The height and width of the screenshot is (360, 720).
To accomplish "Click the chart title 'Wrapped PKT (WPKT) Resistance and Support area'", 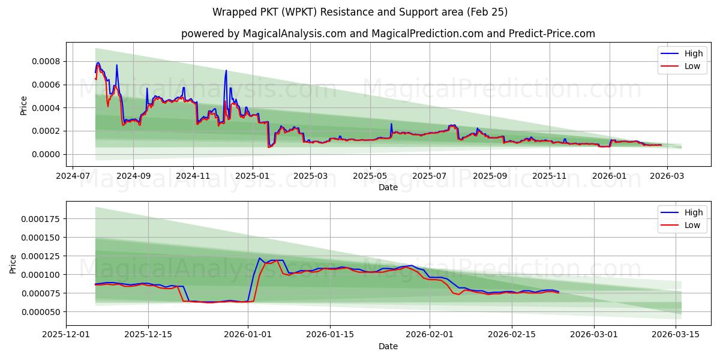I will coord(360,12).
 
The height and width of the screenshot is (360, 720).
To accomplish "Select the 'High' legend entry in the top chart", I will coord(692,53).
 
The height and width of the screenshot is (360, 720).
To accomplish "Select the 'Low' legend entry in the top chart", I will coord(692,66).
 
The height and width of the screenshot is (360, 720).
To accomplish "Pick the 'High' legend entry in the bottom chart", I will coord(692,212).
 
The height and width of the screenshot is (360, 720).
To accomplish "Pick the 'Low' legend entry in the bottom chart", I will coord(692,225).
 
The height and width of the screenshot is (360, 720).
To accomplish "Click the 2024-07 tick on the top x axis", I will coord(73,176).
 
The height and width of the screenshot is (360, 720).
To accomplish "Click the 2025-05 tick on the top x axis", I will coord(370,176).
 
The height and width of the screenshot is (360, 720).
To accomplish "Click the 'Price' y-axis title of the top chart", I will coord(24,105).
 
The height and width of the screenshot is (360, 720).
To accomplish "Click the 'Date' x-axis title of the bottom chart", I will coord(388,346).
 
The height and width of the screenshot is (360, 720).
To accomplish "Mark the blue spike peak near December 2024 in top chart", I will coord(226,71).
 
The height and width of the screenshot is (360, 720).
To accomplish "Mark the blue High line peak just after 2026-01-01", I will coord(259,258).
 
